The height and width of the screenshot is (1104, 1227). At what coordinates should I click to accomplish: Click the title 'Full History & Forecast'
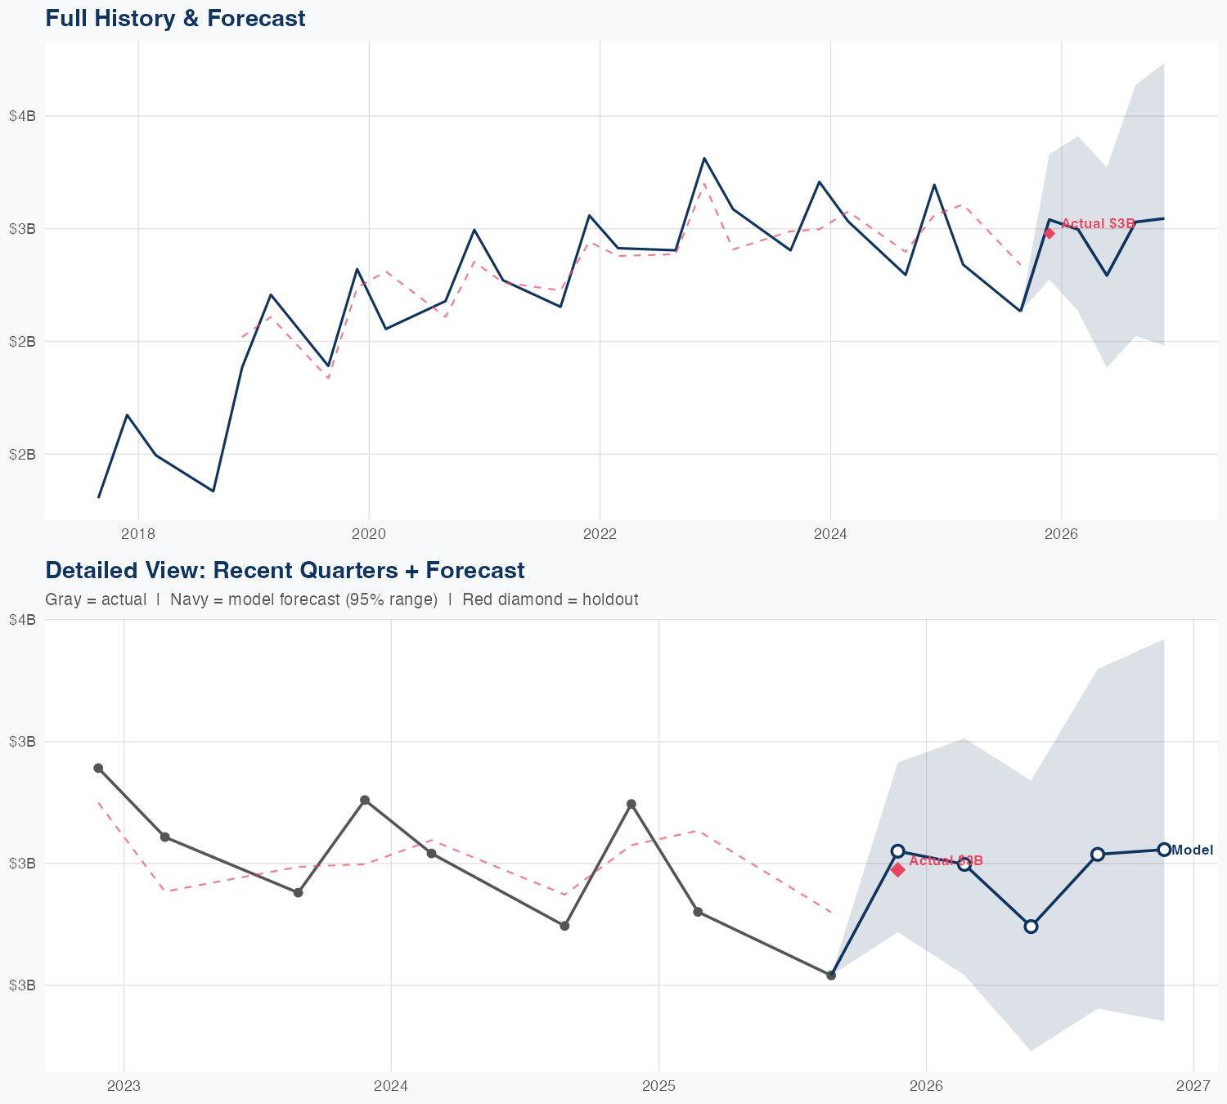175,18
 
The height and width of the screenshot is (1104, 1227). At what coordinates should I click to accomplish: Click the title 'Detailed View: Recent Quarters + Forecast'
285,570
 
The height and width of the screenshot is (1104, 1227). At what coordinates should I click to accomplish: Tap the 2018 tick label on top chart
137,534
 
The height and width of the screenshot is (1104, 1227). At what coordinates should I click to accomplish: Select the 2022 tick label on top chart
599,534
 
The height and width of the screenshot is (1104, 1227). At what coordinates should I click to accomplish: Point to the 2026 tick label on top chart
1061,534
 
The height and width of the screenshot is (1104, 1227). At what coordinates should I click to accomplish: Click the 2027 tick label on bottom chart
1193,1086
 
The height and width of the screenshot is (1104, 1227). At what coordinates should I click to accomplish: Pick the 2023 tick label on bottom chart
124,1086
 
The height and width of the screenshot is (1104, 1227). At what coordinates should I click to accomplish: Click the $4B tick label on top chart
22,116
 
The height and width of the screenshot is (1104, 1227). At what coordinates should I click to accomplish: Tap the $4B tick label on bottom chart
22,620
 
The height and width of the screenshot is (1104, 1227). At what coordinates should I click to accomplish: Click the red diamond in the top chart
1049,233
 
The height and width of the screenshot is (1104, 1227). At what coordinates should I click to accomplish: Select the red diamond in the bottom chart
897,869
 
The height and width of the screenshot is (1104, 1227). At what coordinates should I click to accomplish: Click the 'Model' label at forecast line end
1192,850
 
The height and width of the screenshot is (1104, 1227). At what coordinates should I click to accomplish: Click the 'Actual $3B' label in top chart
1098,223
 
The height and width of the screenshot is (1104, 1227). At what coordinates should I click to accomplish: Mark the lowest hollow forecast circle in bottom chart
1031,927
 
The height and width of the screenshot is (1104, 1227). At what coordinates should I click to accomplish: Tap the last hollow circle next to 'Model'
1163,850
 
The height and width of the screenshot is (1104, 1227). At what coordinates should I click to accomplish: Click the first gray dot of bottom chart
98,768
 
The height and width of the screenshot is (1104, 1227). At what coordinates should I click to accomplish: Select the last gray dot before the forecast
831,975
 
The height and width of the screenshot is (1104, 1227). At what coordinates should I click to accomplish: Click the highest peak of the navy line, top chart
704,158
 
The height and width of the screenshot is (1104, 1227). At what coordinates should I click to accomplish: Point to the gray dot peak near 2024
365,800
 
